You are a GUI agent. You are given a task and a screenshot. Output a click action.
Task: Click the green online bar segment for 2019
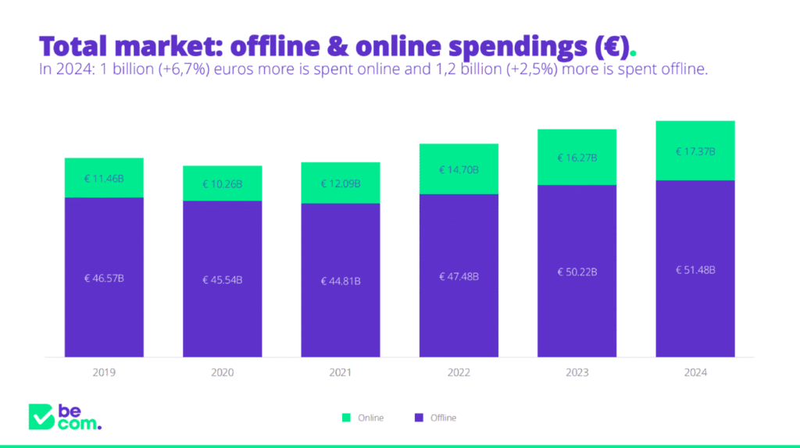104,178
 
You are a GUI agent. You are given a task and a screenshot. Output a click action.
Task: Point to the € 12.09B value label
341,184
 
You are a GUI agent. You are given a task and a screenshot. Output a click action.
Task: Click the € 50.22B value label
577,272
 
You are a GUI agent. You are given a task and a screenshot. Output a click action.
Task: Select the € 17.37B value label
695,151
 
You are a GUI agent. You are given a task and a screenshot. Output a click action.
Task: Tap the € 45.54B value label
223,279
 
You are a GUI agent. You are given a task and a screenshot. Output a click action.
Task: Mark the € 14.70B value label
459,169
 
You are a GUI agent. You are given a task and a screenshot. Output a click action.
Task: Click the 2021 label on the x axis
341,372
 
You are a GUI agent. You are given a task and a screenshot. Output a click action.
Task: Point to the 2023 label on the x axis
577,372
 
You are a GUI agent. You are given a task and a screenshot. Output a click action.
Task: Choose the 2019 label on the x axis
104,372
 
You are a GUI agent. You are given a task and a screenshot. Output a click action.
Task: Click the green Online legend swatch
346,418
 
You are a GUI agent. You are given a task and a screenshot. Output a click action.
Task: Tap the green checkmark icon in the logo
40,417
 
